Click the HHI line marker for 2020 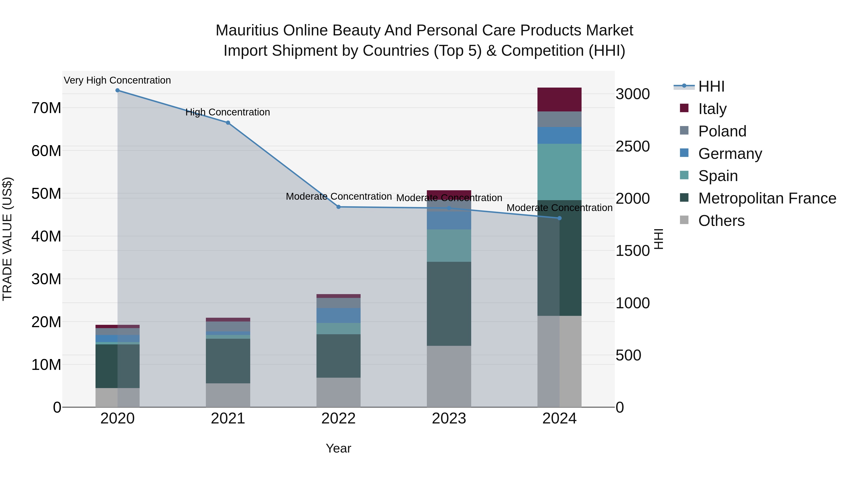pos(117,90)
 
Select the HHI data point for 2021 pos(228,123)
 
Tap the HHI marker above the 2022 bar pos(338,207)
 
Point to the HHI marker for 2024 pos(559,218)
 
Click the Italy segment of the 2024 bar pos(559,99)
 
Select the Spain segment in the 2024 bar pos(559,172)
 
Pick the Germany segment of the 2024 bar pos(559,135)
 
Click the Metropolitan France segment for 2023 pos(449,304)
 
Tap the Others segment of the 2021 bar pos(228,395)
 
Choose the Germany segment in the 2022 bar pos(338,315)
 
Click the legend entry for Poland pos(722,131)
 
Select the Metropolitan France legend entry pos(767,198)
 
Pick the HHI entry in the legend pos(711,86)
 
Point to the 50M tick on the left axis pos(46,194)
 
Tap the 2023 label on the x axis pos(449,419)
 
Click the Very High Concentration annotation pos(117,80)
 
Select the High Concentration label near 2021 pos(228,112)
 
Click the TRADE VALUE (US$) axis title pos(7,239)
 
